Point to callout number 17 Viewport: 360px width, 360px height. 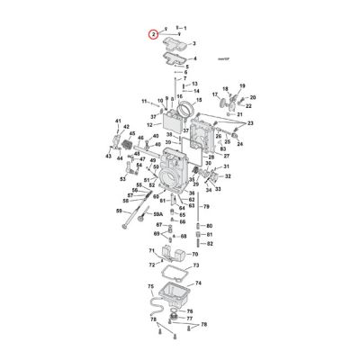click(x=215, y=94)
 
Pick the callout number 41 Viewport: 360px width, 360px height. click(x=118, y=121)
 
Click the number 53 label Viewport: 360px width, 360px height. click(x=124, y=177)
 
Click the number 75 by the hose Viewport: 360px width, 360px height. click(x=151, y=286)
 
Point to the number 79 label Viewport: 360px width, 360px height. click(x=205, y=207)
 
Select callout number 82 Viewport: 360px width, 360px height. click(x=210, y=244)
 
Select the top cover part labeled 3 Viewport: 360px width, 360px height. click(x=171, y=42)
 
